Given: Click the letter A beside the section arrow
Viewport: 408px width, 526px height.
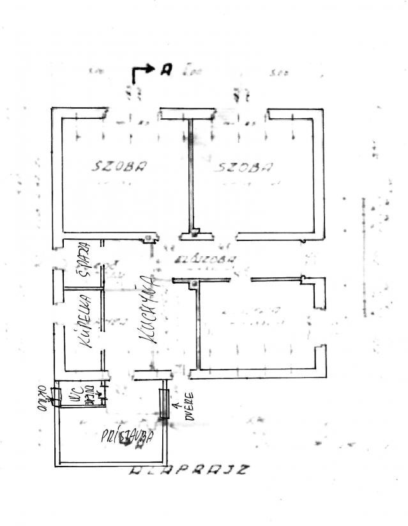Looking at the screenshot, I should coord(166,70).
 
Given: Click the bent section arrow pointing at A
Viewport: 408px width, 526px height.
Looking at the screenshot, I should coord(142,72).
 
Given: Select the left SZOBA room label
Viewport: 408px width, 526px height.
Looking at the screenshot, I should coord(119,167).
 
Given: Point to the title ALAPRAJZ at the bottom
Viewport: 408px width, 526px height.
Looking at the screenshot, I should coord(188,472).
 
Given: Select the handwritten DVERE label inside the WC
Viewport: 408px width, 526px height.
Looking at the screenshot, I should coord(91,396).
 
